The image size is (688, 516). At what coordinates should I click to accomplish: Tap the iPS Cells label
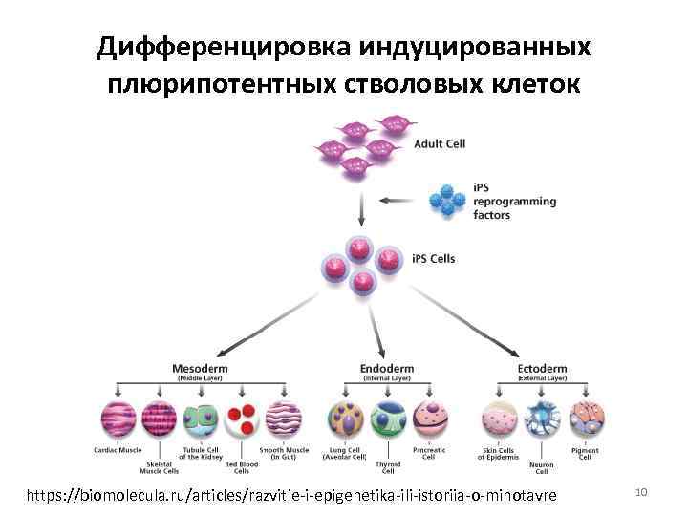[435, 259]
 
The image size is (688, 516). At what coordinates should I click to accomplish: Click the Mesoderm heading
[199, 368]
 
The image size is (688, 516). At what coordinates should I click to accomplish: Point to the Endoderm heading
[386, 368]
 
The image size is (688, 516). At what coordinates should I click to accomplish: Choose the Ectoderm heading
[543, 368]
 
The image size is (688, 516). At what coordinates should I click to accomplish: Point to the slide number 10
[641, 491]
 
